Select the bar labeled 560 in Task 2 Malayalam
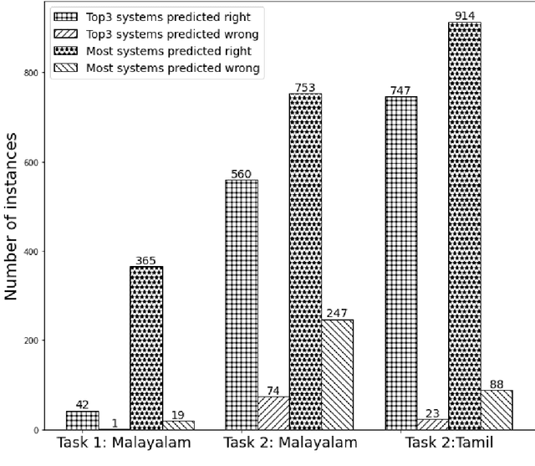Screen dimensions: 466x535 (x=242, y=305)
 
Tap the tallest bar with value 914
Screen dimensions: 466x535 (x=464, y=226)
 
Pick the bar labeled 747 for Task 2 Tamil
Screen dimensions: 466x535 (x=400, y=264)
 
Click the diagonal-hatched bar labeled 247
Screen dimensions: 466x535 (x=337, y=375)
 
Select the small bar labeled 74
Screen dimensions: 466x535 (x=273, y=413)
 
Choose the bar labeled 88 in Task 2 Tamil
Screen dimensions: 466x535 (x=496, y=410)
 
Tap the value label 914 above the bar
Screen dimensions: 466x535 (x=464, y=15)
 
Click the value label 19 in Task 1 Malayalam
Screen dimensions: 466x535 (x=177, y=414)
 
